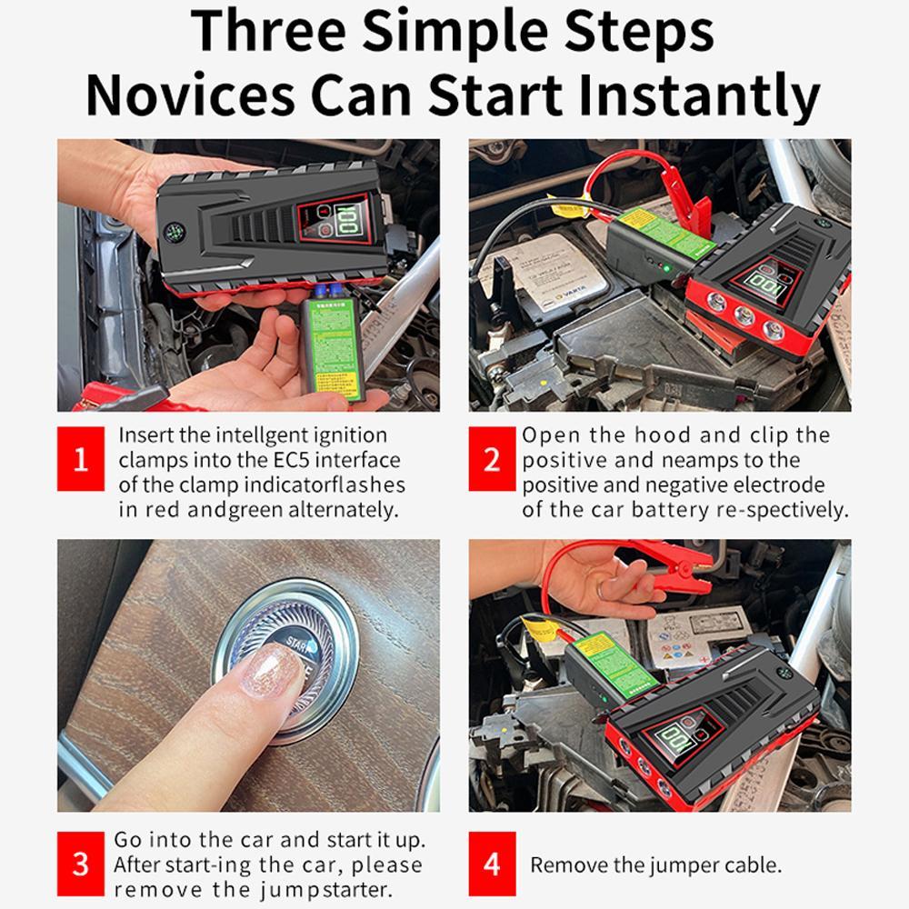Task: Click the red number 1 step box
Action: (x=81, y=458)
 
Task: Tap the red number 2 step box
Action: (x=492, y=458)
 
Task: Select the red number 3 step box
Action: (x=81, y=863)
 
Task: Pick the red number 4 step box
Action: (x=492, y=863)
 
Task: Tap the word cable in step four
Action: (x=750, y=864)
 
